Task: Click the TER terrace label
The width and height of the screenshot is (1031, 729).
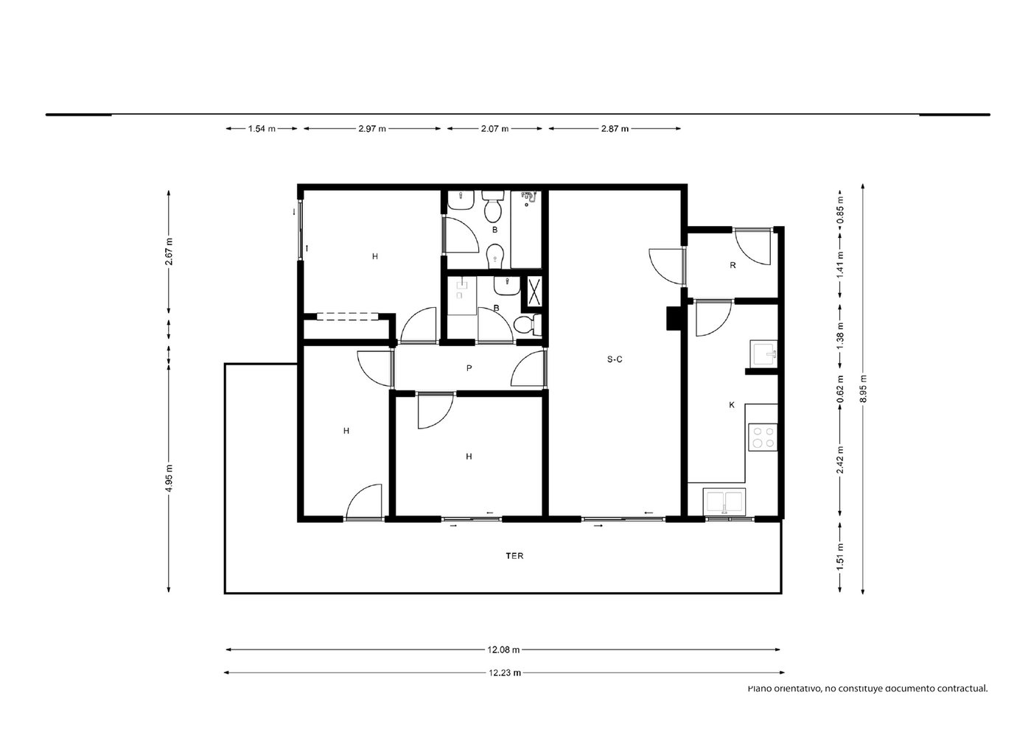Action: (514, 556)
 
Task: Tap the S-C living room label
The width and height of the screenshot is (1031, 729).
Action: (615, 359)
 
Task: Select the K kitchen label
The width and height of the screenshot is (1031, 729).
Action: (732, 405)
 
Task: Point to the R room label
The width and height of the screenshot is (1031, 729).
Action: (733, 265)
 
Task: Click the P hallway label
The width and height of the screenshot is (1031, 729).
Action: (469, 368)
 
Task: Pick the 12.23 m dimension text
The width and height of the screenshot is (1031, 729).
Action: (505, 673)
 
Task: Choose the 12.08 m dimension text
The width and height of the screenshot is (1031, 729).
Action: (503, 650)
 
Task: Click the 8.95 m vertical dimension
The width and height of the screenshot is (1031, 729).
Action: (863, 389)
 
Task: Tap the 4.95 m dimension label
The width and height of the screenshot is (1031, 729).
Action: (169, 478)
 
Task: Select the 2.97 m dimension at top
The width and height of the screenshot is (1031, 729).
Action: (372, 129)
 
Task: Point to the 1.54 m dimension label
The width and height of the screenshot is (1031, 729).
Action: (262, 129)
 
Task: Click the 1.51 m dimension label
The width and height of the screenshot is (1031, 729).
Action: (840, 556)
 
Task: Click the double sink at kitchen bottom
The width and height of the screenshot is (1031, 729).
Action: (724, 501)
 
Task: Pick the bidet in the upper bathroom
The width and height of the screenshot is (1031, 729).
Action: (495, 257)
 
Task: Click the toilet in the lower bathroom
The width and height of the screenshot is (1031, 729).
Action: (528, 325)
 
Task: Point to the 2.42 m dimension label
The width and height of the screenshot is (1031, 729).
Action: (840, 460)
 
